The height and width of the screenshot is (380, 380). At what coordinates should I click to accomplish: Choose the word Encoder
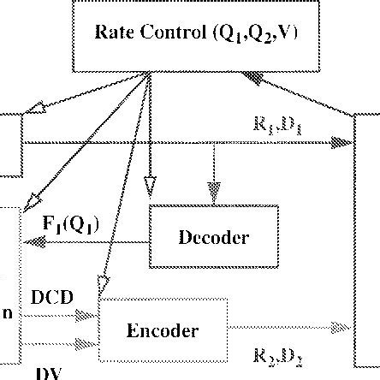pos(163,330)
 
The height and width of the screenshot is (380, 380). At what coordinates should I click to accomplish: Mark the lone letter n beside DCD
pos(7,313)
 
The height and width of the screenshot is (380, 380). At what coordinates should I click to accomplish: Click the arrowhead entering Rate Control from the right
pos(257,78)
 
